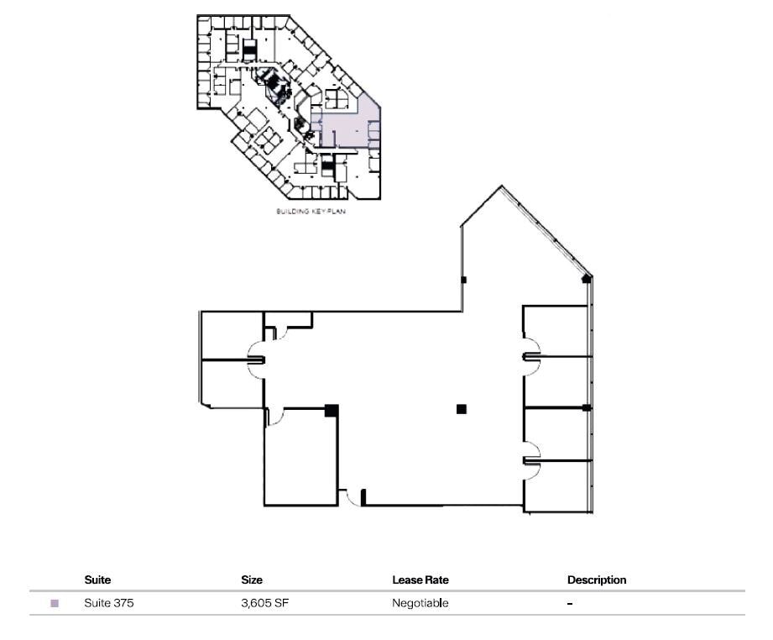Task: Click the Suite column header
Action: [97, 580]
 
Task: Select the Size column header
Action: [252, 580]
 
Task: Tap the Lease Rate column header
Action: [420, 580]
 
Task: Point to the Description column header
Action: [597, 580]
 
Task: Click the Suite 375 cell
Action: [109, 603]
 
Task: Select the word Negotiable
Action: [420, 603]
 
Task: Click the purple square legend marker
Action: [55, 603]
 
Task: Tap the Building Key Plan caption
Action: [311, 212]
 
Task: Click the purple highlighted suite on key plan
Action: [344, 130]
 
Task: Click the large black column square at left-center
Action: [332, 411]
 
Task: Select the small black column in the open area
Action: [461, 409]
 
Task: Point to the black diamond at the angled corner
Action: [587, 278]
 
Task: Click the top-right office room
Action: [556, 330]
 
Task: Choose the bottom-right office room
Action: [557, 485]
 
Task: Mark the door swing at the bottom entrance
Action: [353, 496]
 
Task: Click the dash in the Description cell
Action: [570, 604]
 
